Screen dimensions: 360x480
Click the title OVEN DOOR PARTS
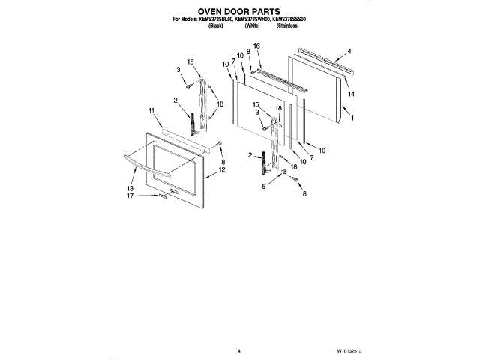click(239, 12)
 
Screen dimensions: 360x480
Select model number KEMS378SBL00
click(214, 19)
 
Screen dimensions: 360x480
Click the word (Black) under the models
click(215, 26)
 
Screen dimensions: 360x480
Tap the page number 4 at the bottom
click(238, 350)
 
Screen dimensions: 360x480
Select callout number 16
click(256, 46)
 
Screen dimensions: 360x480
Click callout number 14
click(351, 94)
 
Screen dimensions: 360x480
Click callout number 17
click(130, 196)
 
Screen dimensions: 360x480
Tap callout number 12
click(222, 172)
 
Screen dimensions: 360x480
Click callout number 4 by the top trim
click(349, 52)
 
